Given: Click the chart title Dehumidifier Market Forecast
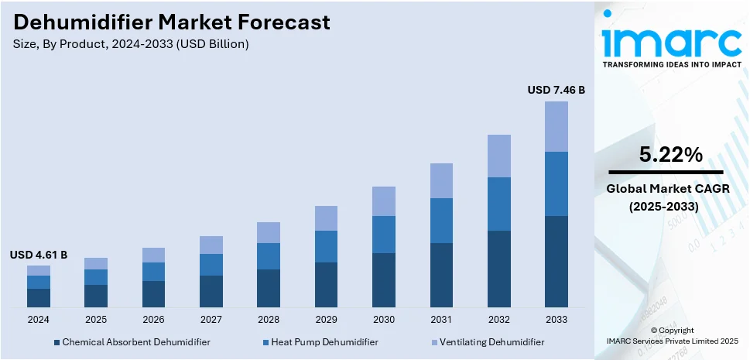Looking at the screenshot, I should (172, 22).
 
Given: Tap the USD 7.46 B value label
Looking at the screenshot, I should (556, 90).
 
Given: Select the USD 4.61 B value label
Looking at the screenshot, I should (39, 254).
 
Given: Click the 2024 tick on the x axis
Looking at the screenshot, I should (39, 319).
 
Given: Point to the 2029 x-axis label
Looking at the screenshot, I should (326, 319).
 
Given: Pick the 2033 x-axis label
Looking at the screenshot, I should (556, 319).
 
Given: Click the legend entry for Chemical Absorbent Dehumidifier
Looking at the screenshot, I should (131, 341).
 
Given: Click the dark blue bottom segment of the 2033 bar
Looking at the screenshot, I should (556, 261).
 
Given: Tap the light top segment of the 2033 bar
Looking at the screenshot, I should (556, 126).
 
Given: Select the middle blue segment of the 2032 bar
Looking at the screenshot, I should (498, 204).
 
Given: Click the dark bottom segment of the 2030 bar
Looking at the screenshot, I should (383, 279).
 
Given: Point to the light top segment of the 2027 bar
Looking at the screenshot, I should (211, 245).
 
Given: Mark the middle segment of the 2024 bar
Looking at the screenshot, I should (39, 282).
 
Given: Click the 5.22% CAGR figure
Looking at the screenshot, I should (670, 155).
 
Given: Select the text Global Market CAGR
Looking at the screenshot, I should (666, 189).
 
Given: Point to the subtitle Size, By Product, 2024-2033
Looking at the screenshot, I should (131, 44).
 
